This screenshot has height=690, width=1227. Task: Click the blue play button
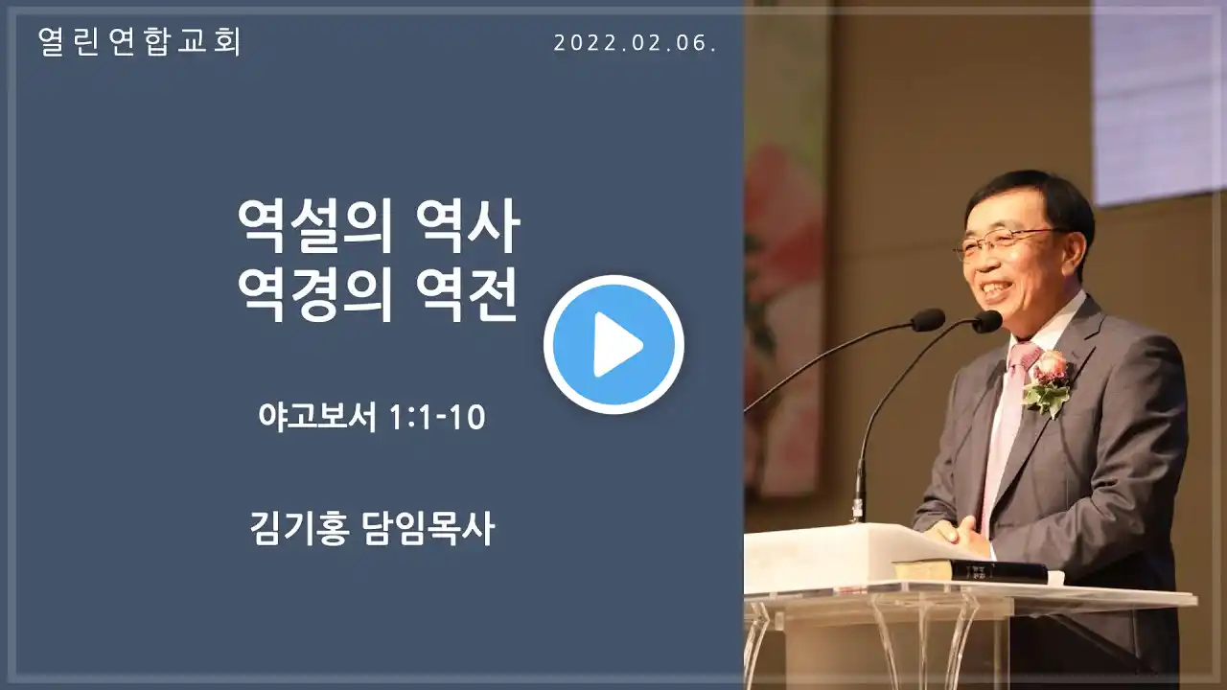pyautogui.click(x=613, y=344)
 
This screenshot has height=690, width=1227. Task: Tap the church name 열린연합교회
pyautogui.click(x=140, y=41)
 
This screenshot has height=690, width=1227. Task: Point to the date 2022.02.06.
pyautogui.click(x=636, y=43)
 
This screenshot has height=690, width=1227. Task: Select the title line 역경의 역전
pyautogui.click(x=379, y=296)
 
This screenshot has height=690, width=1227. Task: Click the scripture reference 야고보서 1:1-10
pyautogui.click(x=372, y=417)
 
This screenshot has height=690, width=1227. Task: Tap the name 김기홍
pyautogui.click(x=300, y=529)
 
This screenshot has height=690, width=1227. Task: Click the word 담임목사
pyautogui.click(x=428, y=529)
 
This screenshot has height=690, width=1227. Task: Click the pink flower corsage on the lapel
pyautogui.click(x=1047, y=382)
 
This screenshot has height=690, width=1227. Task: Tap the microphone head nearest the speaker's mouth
pyautogui.click(x=986, y=321)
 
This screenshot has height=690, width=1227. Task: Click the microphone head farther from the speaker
pyautogui.click(x=928, y=320)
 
